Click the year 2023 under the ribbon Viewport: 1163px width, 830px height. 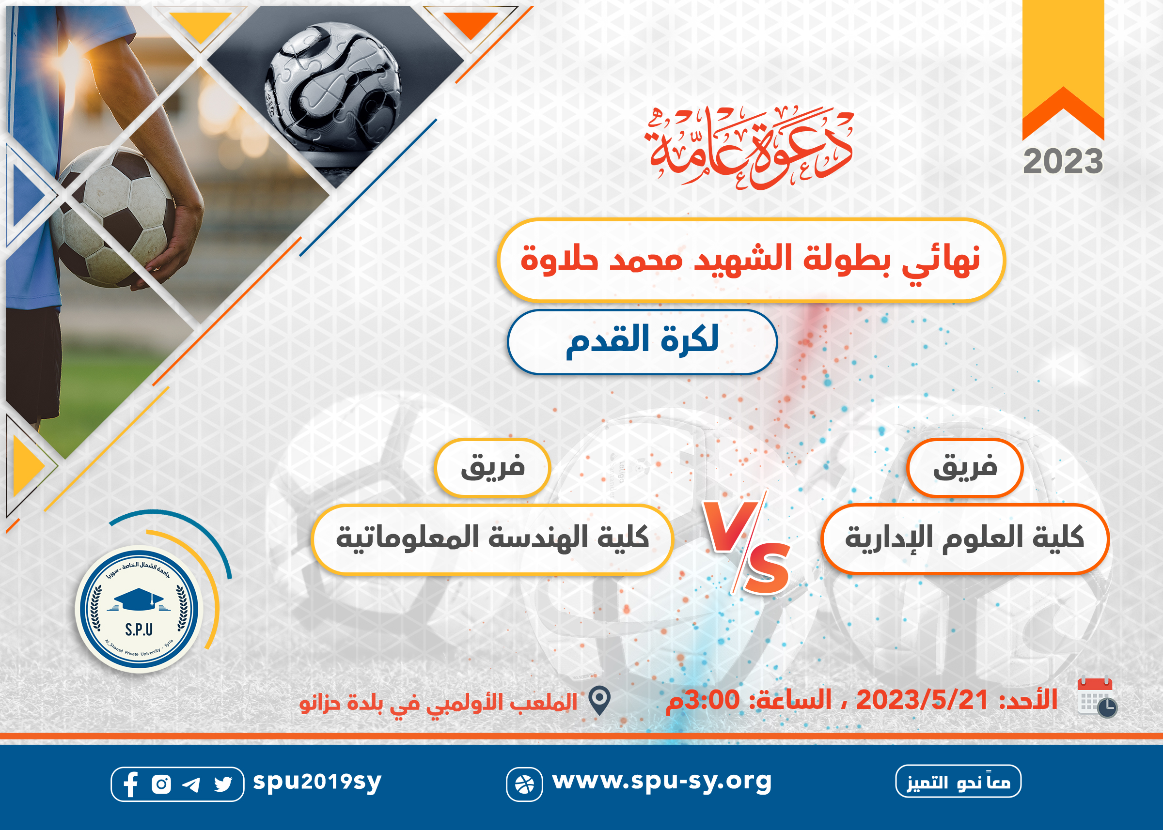tap(1063, 162)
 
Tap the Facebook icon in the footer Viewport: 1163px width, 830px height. tap(130, 784)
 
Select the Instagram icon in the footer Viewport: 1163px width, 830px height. tap(161, 784)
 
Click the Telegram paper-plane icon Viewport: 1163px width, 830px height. tap(191, 784)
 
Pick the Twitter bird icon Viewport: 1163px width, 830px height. tap(223, 784)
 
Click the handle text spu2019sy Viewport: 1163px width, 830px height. tap(317, 782)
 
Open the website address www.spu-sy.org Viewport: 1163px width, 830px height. tap(662, 782)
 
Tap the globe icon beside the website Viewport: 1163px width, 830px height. tap(524, 784)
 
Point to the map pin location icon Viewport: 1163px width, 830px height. tap(599, 701)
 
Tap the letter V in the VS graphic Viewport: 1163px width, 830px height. tap(729, 526)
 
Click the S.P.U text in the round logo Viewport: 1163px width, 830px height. tap(139, 629)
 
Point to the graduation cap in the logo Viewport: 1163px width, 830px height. tap(139, 598)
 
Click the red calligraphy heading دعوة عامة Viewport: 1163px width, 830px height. tap(750, 147)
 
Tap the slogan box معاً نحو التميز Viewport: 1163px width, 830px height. tap(958, 781)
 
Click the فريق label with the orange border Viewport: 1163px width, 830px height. tap(965, 468)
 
